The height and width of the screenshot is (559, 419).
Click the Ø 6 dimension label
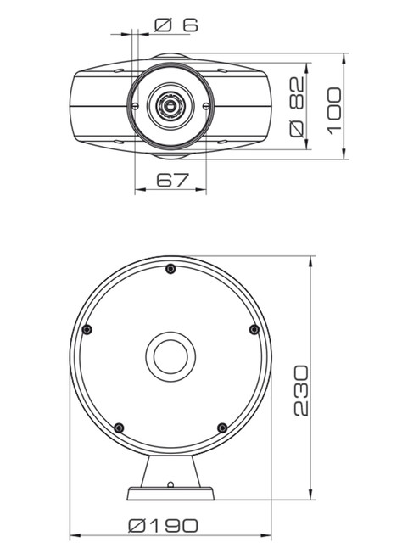[176, 25]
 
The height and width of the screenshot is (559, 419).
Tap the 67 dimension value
[172, 180]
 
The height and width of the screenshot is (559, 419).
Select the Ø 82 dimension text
[297, 107]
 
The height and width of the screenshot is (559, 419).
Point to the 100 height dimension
[334, 111]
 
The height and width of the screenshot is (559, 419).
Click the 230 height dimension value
[301, 390]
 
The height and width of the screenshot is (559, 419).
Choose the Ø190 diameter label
[164, 526]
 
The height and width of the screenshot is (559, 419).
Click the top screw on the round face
[170, 269]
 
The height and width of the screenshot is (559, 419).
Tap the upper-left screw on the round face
[87, 330]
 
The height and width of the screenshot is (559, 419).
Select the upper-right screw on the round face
[254, 329]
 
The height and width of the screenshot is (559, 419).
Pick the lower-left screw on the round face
[119, 428]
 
